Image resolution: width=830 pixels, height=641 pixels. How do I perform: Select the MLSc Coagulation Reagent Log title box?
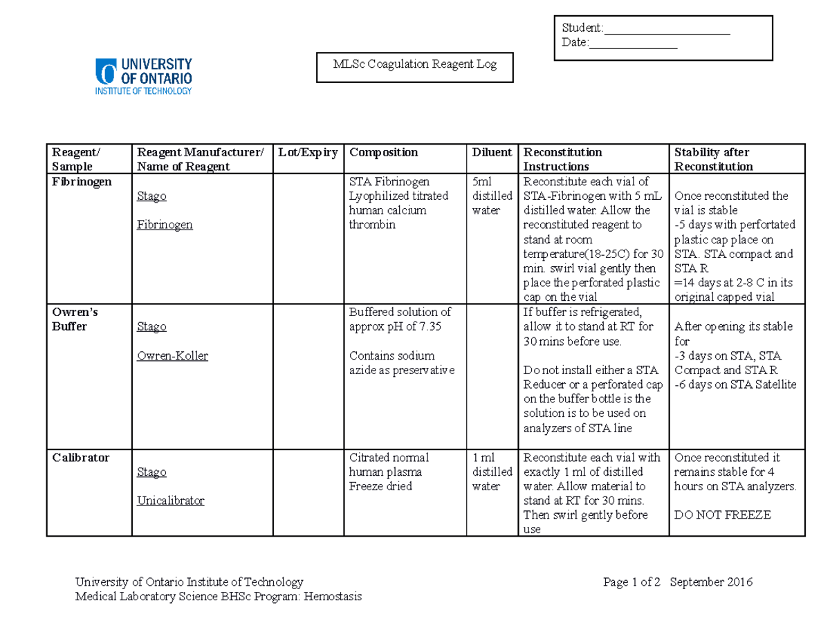pos(414,66)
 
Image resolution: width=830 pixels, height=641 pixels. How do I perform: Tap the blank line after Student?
pos(667,28)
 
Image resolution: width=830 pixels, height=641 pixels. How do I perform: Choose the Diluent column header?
pos(491,152)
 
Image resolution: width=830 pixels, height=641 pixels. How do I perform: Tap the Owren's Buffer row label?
pos(71,319)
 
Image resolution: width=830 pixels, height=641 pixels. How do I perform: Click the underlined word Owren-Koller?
pos(172,355)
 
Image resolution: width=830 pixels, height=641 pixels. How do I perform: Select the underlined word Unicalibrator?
pos(171,500)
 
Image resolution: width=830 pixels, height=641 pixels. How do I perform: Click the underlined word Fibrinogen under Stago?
pos(165,225)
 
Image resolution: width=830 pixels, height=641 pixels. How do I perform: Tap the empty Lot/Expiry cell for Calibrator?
pos(307,492)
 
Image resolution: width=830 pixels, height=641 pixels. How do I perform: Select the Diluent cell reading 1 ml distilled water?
pos(491,472)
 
